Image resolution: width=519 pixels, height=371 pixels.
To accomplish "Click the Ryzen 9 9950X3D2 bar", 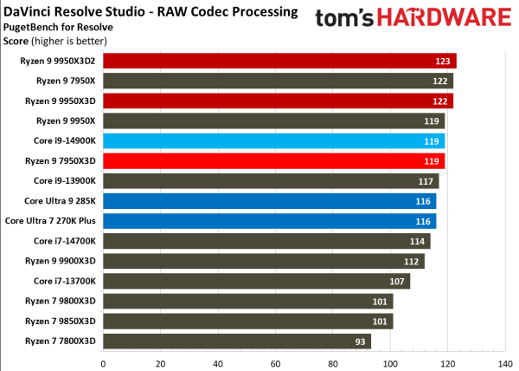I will (279, 61).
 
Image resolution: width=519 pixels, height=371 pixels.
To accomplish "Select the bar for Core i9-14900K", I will (274, 140).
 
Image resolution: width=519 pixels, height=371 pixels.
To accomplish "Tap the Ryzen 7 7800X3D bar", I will (237, 341).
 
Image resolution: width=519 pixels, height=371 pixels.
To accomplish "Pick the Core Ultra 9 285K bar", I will (270, 200).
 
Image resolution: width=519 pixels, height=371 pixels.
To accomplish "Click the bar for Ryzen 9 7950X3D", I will (274, 160).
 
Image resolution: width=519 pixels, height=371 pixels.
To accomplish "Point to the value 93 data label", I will (360, 341).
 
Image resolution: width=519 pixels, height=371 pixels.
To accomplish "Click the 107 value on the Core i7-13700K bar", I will (398, 281).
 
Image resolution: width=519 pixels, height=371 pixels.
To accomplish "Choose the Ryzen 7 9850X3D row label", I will (61, 321).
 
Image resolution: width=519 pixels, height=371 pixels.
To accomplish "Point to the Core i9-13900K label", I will (66, 180).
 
